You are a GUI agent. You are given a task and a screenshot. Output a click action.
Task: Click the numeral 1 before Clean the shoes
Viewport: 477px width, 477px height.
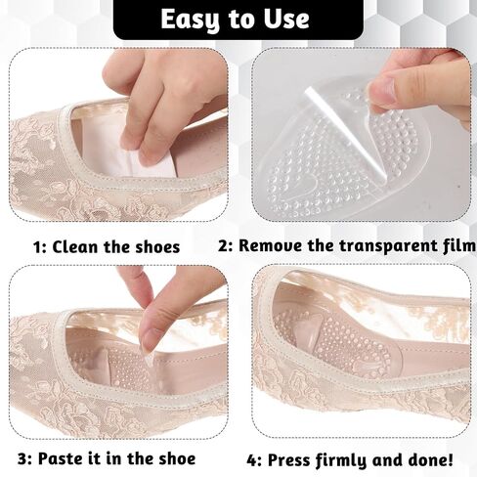pos(38,247)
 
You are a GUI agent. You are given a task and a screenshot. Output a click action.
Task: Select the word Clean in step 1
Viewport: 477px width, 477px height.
pos(75,246)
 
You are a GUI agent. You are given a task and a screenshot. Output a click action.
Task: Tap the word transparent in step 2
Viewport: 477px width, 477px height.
pos(370,246)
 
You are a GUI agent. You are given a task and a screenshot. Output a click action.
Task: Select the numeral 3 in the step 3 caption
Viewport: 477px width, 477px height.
pos(23,459)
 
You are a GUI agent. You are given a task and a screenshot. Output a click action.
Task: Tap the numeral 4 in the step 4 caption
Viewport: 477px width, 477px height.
pos(252,460)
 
